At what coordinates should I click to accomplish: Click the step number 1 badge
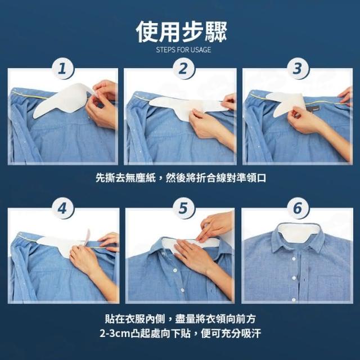(x=62, y=69)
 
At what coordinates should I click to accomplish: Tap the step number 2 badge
(x=183, y=69)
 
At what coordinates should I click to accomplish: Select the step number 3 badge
(x=298, y=69)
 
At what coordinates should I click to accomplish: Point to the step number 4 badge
(x=62, y=209)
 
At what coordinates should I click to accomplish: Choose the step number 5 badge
(x=183, y=209)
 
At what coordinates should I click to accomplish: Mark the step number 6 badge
(x=298, y=209)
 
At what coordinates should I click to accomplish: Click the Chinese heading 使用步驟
(x=181, y=32)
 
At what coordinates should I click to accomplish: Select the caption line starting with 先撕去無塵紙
(x=181, y=178)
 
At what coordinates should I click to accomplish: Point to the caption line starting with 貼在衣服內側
(x=181, y=319)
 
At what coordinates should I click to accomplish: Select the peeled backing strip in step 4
(x=87, y=237)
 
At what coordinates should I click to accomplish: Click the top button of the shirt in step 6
(x=294, y=259)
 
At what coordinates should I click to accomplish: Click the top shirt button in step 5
(x=175, y=271)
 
